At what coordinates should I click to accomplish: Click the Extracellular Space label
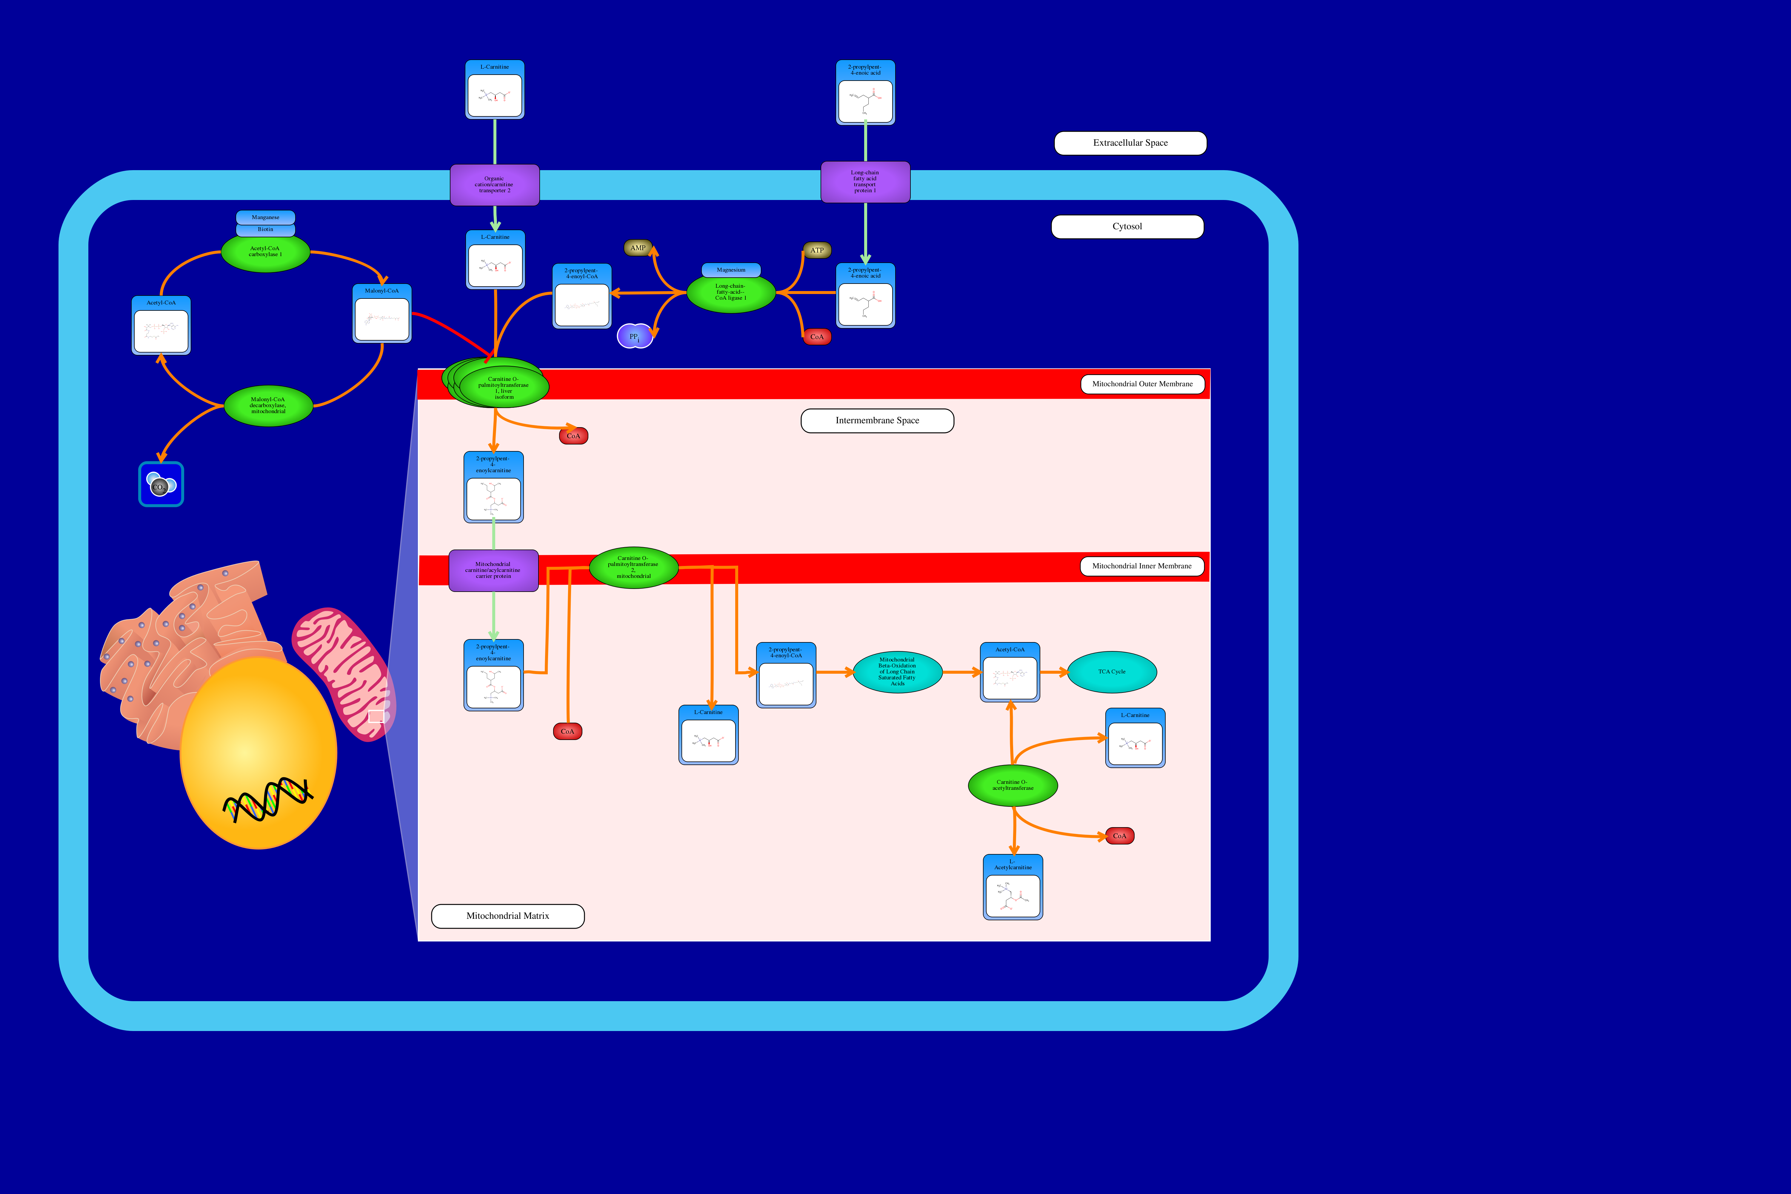pos(1130,143)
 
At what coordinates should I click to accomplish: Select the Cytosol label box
pos(1127,227)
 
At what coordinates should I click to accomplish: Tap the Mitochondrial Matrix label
pos(508,916)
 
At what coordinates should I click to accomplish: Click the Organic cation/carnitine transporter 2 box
pos(494,185)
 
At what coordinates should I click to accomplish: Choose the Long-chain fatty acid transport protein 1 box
pos(865,182)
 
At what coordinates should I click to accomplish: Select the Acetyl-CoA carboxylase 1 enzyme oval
pos(265,252)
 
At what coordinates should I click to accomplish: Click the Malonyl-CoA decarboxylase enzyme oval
pos(268,406)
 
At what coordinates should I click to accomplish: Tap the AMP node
pos(638,248)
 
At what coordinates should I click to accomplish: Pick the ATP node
pos(817,250)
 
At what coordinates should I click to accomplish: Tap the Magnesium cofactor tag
pos(731,270)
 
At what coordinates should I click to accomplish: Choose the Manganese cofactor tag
pos(265,218)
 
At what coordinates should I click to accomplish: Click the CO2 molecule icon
pos(161,484)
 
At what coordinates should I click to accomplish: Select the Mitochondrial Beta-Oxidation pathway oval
pos(897,672)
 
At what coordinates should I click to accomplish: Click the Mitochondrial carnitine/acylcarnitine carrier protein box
pos(493,570)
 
